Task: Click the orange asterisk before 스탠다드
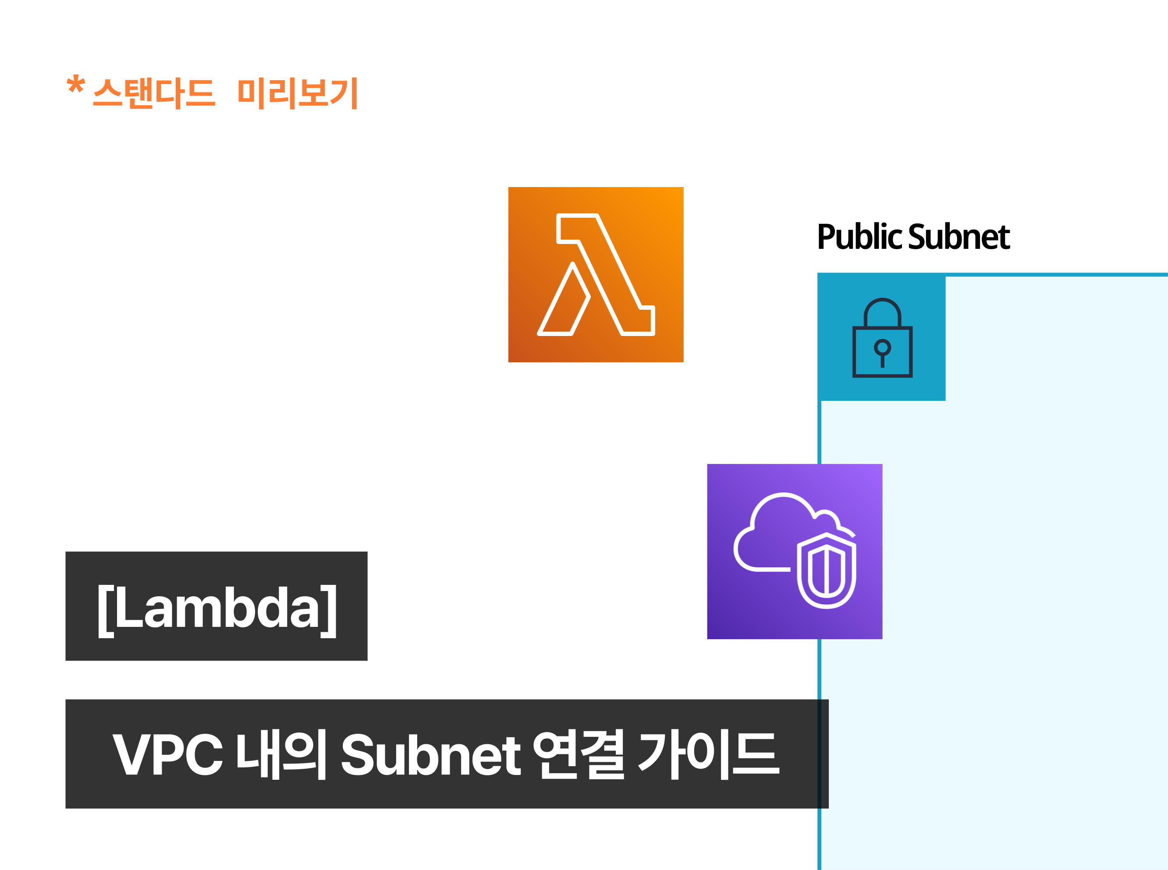pyautogui.click(x=76, y=84)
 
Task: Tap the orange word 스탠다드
pyautogui.click(x=154, y=93)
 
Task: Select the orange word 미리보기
pyautogui.click(x=298, y=93)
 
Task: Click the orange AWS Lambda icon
pyautogui.click(x=596, y=274)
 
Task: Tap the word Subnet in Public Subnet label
pyautogui.click(x=959, y=237)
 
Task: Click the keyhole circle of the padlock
pyautogui.click(x=882, y=347)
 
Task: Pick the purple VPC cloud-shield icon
pyautogui.click(x=795, y=552)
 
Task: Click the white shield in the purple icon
pyautogui.click(x=827, y=570)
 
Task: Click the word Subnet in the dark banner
pyautogui.click(x=431, y=755)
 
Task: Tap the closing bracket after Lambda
pyautogui.click(x=329, y=611)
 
